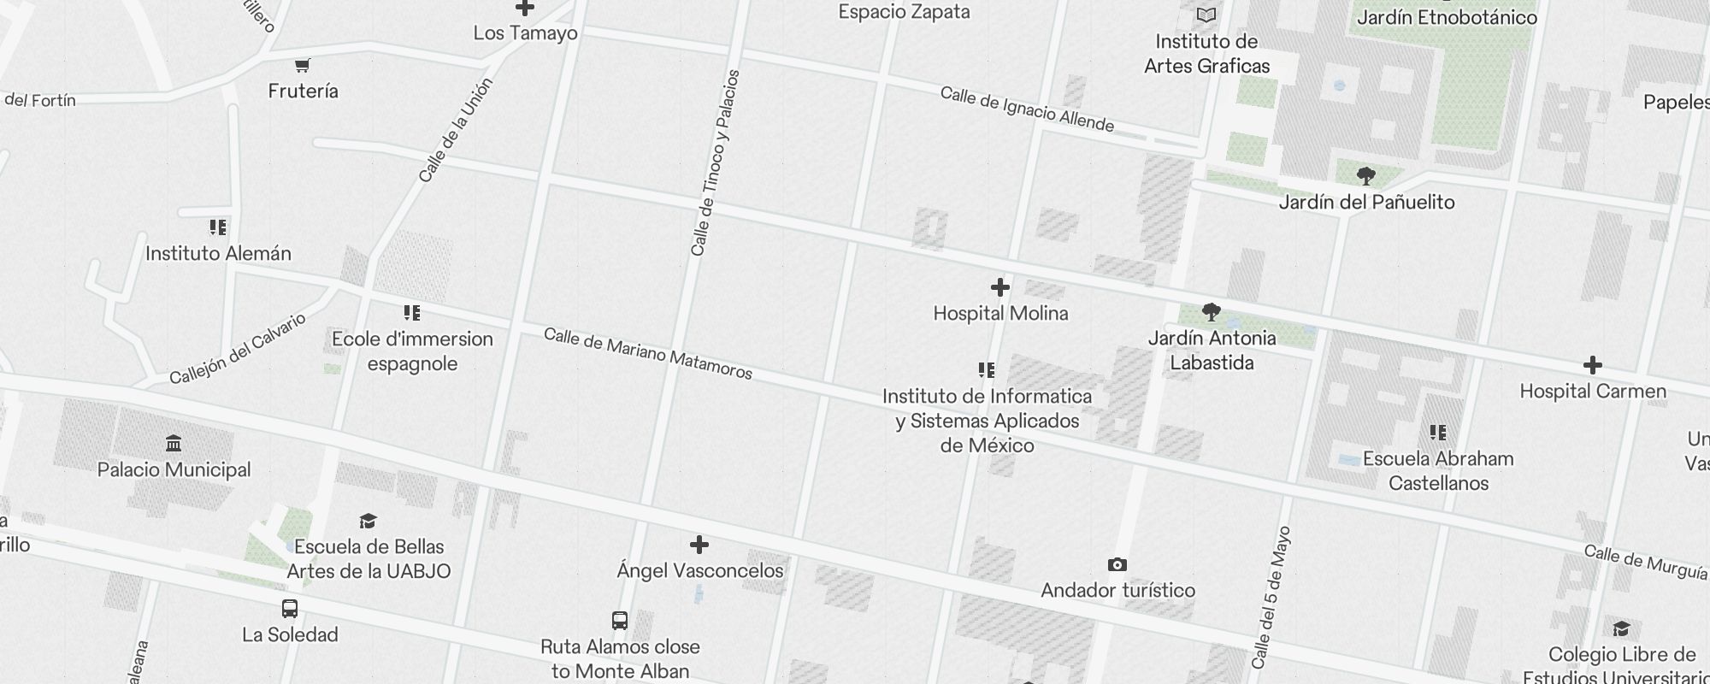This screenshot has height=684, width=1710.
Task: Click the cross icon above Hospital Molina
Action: click(x=1000, y=287)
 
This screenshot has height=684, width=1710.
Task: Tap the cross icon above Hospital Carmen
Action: click(x=1592, y=366)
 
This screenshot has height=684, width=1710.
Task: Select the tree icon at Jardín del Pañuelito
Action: click(x=1365, y=177)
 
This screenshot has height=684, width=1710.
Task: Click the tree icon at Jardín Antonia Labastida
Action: click(x=1211, y=312)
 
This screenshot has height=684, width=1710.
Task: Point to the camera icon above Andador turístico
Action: click(x=1117, y=565)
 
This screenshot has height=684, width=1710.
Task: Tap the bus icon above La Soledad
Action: click(x=290, y=610)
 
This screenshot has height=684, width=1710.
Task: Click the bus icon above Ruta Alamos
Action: click(x=620, y=621)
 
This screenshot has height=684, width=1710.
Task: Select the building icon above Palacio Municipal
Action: click(x=174, y=444)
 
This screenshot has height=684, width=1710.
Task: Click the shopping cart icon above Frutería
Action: click(x=302, y=66)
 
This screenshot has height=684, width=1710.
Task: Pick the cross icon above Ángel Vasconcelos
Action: click(x=699, y=545)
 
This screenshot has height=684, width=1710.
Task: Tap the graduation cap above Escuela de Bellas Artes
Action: click(x=368, y=522)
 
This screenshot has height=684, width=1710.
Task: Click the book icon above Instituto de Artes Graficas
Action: click(x=1206, y=15)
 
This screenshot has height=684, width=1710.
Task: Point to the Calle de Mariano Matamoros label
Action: click(x=647, y=353)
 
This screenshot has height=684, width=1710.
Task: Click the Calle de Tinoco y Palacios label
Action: click(x=715, y=162)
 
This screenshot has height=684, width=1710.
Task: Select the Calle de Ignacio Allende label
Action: click(x=1026, y=109)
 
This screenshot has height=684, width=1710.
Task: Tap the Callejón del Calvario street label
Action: click(x=237, y=350)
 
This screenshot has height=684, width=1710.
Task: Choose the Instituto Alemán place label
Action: click(x=218, y=254)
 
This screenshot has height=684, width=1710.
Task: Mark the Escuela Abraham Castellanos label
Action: click(x=1438, y=471)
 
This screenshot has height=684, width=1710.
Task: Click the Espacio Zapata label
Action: click(x=904, y=12)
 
